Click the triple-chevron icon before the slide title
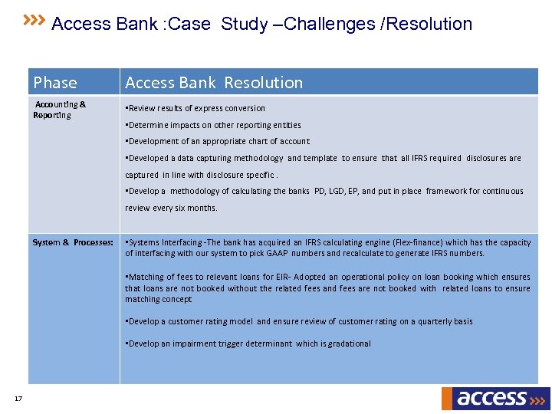tap(34, 18)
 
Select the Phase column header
tap(55, 83)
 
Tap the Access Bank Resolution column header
tap(214, 83)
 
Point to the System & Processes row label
tap(73, 242)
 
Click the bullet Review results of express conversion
tap(195, 108)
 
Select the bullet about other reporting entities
tap(212, 125)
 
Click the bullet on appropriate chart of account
tap(217, 141)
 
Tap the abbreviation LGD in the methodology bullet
tap(343, 191)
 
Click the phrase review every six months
tap(171, 208)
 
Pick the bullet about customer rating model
tap(299, 321)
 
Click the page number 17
tap(18, 397)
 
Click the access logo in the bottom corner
tap(495, 398)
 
